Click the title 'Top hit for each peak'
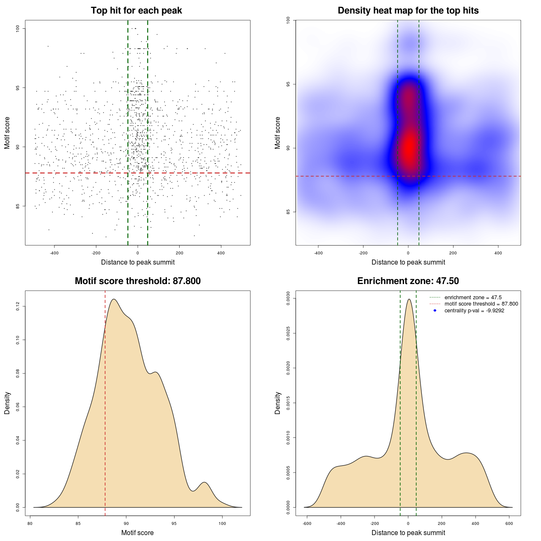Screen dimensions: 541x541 click(x=136, y=11)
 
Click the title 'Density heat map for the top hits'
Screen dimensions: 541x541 click(x=408, y=11)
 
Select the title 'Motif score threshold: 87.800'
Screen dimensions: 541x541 click(x=137, y=281)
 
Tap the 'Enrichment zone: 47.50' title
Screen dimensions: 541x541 click(x=408, y=281)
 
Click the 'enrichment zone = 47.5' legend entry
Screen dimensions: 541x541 click(x=473, y=298)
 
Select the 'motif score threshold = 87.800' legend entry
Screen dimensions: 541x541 click(x=481, y=304)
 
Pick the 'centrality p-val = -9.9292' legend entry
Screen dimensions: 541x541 click(x=474, y=311)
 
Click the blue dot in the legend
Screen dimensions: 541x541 click(x=435, y=311)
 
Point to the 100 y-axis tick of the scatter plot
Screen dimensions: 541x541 click(x=18, y=28)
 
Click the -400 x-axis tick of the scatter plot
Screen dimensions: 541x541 click(x=54, y=253)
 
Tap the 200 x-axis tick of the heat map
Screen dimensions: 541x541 click(x=453, y=253)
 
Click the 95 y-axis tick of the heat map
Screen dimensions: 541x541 click(x=288, y=84)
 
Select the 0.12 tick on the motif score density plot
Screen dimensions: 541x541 click(x=18, y=306)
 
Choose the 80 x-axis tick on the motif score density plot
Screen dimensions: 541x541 click(x=30, y=524)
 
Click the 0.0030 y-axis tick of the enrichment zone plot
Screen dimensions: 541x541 click(x=288, y=298)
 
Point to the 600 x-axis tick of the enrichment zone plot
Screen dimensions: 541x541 click(x=509, y=524)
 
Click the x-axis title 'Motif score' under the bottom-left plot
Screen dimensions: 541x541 click(x=137, y=533)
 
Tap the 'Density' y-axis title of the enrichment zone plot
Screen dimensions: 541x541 click(x=278, y=403)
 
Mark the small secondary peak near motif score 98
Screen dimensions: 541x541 click(x=205, y=483)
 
